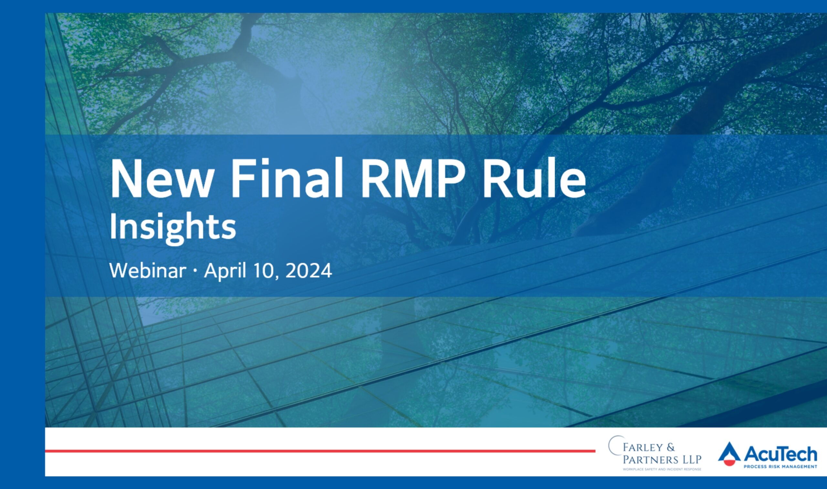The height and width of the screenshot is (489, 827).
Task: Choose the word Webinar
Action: point(148,271)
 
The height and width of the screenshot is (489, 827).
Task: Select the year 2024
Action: point(309,271)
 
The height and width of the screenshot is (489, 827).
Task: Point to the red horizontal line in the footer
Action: point(320,451)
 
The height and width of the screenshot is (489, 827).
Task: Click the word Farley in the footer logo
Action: point(639,447)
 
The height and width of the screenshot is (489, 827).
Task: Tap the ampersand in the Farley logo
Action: point(671,447)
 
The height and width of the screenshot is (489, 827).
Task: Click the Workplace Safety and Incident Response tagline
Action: point(662,469)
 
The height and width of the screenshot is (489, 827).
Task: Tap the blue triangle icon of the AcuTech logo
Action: point(729,452)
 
